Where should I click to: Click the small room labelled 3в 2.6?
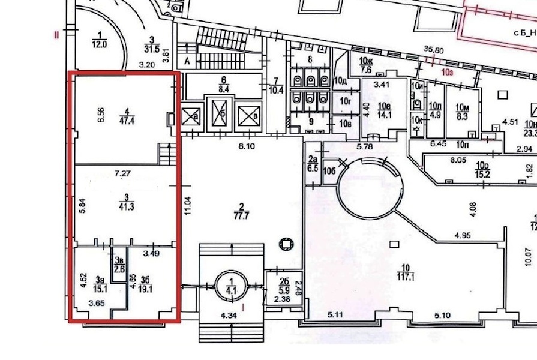click(119, 265)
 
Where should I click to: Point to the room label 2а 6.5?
click(312, 163)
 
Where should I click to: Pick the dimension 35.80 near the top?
click(433, 51)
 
